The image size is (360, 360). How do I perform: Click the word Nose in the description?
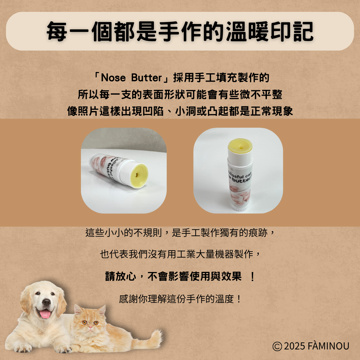point(113,78)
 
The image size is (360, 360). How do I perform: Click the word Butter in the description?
point(147,78)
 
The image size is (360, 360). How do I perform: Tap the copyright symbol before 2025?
point(277,346)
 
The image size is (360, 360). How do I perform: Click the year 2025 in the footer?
point(295,346)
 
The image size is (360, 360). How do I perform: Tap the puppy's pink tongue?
point(45,314)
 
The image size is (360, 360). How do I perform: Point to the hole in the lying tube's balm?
point(137,175)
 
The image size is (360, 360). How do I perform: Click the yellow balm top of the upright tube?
point(240,146)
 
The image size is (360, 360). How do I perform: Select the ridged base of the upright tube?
point(239,208)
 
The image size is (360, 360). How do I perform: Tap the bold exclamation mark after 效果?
point(252,276)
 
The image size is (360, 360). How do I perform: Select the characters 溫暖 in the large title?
point(247,31)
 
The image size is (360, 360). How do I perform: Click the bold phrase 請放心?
point(121,276)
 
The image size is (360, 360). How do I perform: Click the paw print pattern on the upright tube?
point(240,194)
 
